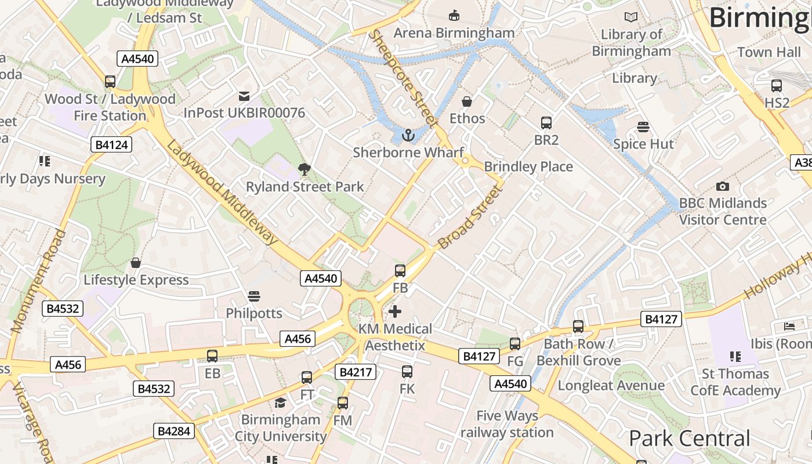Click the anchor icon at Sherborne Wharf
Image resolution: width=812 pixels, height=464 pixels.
[x=409, y=136]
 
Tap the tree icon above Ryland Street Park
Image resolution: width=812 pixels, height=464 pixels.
[x=304, y=169]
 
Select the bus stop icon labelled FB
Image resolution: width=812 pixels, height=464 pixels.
[x=400, y=270]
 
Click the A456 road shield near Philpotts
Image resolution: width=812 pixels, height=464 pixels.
[x=298, y=339]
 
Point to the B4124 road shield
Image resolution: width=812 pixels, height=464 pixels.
[x=111, y=144]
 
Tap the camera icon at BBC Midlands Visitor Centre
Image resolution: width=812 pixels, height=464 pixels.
[x=722, y=186]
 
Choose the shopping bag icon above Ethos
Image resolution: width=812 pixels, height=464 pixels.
[x=467, y=101]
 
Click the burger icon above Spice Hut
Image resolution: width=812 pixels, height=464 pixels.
[x=643, y=126]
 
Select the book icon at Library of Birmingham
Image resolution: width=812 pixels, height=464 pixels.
[x=630, y=17]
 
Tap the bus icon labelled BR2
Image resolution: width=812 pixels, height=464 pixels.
[x=546, y=122]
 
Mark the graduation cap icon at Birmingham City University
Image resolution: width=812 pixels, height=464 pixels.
[x=281, y=403]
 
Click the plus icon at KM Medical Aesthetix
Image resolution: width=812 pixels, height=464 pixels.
[x=395, y=311]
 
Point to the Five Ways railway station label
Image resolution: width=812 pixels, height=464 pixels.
[x=507, y=424]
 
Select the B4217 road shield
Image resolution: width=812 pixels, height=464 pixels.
[x=356, y=372]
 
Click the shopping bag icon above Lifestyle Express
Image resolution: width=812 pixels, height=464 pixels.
[x=136, y=263]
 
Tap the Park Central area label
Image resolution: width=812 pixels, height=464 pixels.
[x=689, y=438]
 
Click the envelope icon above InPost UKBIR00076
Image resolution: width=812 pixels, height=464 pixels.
[x=244, y=96]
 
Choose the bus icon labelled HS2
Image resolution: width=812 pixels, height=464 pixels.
[x=777, y=86]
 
